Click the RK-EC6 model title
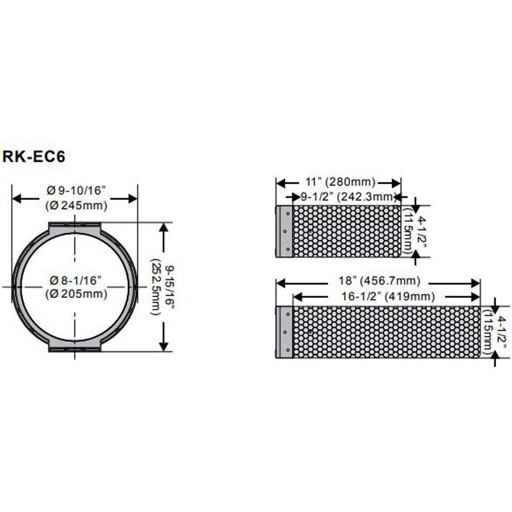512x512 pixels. click(34, 156)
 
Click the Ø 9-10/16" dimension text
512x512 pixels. click(76, 190)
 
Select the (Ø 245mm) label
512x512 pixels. click(76, 205)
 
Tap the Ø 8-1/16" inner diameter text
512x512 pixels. click(76, 280)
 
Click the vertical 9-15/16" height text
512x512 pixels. click(169, 287)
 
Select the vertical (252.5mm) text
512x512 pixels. click(156, 287)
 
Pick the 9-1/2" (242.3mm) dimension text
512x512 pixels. click(347, 197)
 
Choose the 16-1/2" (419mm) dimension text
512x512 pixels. click(388, 296)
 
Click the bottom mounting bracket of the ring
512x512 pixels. click(75, 347)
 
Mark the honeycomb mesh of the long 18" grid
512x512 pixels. click(387, 332)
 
